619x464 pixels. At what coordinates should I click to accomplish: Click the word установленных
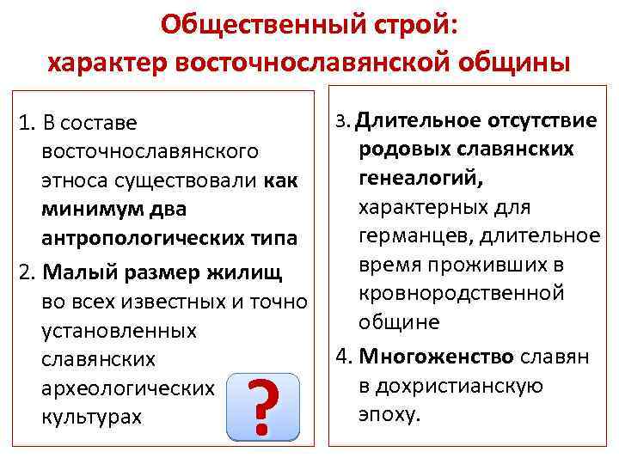tap(119, 331)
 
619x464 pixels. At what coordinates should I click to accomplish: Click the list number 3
tap(340, 121)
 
